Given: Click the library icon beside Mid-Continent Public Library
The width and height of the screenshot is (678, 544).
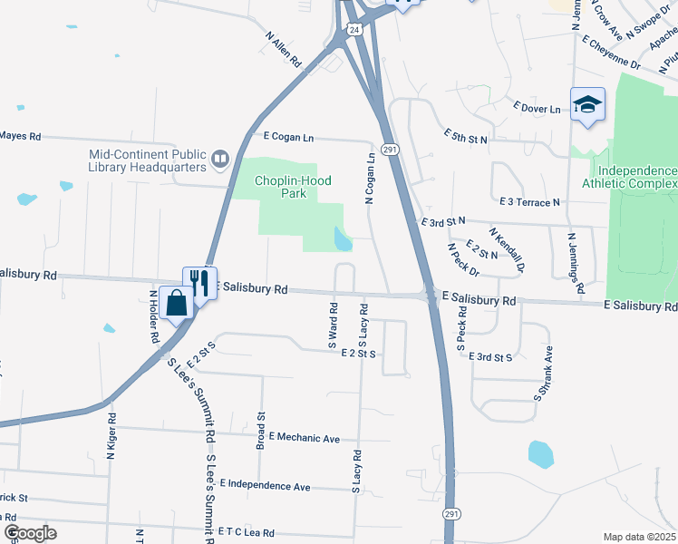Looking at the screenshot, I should [219, 161].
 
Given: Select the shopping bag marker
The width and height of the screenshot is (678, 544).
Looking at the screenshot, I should [176, 301].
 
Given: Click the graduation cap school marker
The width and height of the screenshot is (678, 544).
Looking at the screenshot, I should [587, 104].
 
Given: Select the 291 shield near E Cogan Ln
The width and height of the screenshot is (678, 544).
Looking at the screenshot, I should [390, 149].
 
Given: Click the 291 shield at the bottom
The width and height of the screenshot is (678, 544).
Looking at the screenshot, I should [451, 514].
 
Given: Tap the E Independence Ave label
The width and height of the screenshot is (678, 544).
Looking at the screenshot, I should [264, 486].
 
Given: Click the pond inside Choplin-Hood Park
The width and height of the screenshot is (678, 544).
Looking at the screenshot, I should [344, 239].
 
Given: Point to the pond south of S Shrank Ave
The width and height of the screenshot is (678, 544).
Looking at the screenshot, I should [540, 453].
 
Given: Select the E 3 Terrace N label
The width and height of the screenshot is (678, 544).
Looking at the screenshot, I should [529, 201].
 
